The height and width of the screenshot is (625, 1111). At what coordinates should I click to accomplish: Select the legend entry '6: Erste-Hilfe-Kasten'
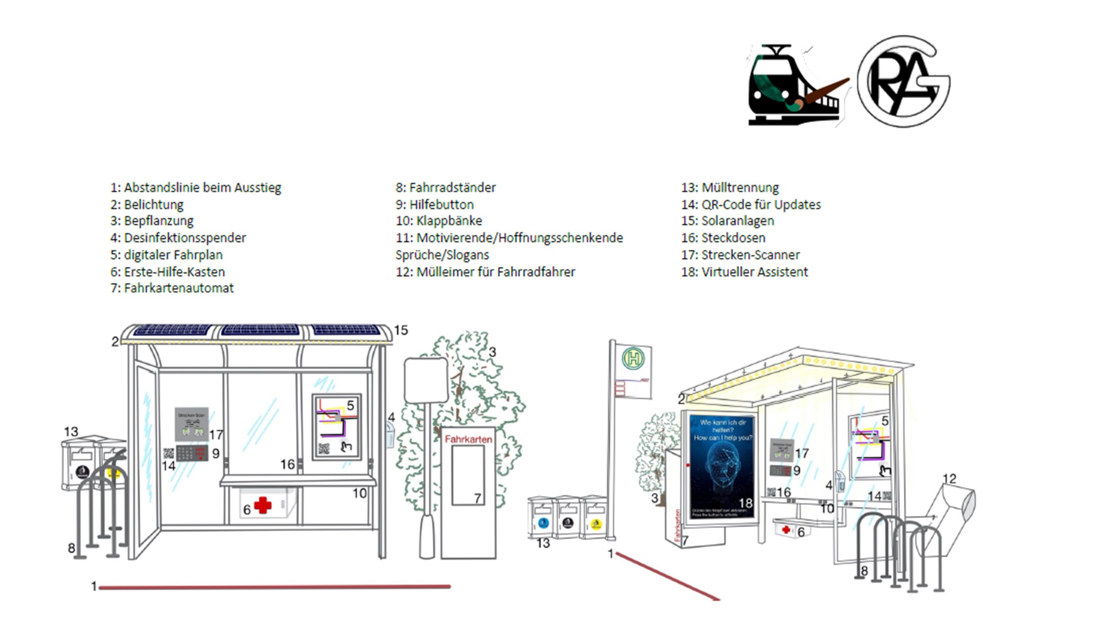coord(168,272)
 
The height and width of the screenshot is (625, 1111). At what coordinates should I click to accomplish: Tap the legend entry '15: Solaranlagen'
coord(727,221)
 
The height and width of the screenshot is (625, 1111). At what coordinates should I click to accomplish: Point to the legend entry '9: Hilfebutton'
coord(434,204)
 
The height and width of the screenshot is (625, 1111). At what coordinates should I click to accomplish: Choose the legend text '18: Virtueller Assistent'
coord(744,272)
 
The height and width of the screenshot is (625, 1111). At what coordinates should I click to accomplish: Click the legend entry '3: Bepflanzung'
coord(152,221)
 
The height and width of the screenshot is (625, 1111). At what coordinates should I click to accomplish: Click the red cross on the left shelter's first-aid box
coord(263,505)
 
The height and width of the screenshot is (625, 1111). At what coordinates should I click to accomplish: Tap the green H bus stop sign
coord(633,359)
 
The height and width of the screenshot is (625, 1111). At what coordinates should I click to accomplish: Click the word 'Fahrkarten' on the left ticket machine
coord(468,439)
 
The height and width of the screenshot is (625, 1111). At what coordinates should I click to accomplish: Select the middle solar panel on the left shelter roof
coord(260,330)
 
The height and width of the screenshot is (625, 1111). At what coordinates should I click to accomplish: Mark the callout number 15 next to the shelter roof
coord(401,330)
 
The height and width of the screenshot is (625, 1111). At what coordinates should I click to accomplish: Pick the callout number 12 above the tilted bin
coord(950,479)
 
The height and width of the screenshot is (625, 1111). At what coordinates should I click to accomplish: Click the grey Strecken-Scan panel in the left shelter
coord(191,424)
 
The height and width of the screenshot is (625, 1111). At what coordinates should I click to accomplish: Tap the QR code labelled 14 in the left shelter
coord(168,454)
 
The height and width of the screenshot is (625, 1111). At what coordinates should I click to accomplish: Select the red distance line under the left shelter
coord(274,587)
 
